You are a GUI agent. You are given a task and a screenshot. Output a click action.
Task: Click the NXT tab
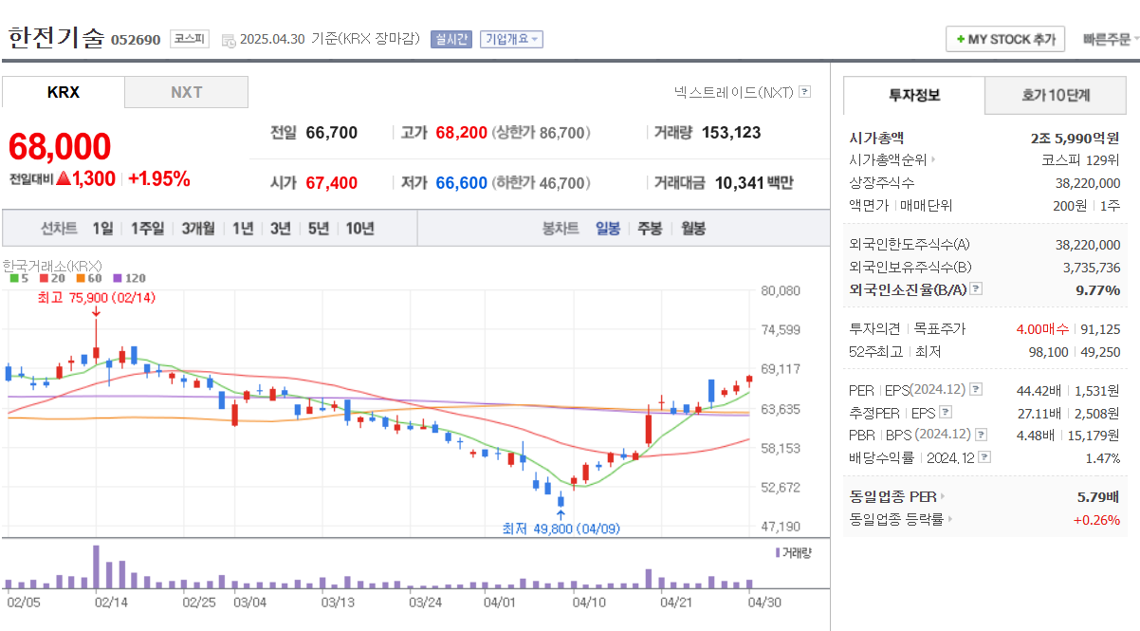(186, 92)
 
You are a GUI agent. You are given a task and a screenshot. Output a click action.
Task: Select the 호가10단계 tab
(1056, 95)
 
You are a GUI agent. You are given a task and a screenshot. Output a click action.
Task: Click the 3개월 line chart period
(198, 228)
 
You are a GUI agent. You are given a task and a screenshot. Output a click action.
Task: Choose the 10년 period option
(359, 228)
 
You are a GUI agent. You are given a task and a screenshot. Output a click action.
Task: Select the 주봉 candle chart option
(650, 228)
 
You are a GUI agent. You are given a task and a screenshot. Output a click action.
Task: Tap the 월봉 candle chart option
(693, 228)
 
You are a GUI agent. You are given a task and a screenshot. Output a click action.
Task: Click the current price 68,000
(60, 146)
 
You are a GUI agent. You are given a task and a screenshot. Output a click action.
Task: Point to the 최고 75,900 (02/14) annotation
(96, 297)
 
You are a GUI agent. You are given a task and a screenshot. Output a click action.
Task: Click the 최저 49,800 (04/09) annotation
(561, 528)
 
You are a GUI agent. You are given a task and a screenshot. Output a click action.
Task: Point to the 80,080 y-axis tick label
(781, 291)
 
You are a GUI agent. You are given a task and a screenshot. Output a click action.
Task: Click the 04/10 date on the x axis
(589, 602)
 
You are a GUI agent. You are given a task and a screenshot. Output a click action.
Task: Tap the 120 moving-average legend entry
(130, 278)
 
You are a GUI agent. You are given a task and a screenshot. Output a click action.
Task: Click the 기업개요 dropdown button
(511, 39)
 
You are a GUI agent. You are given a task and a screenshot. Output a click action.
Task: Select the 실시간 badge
(450, 39)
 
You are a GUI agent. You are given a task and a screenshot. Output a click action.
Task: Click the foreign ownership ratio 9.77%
(1097, 289)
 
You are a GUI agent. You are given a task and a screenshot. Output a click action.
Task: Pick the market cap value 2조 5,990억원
(1075, 138)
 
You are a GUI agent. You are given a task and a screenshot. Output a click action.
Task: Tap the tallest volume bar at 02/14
(96, 566)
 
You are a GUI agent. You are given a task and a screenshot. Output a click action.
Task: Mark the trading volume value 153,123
(731, 133)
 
